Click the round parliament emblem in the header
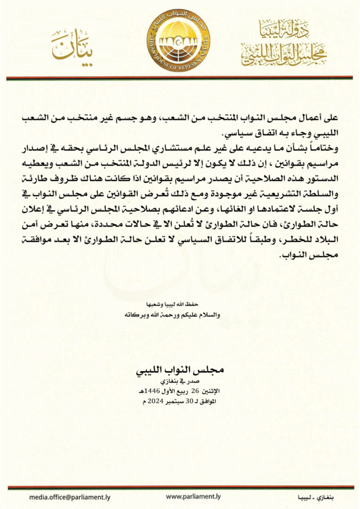(180, 40)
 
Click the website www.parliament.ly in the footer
(193, 497)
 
